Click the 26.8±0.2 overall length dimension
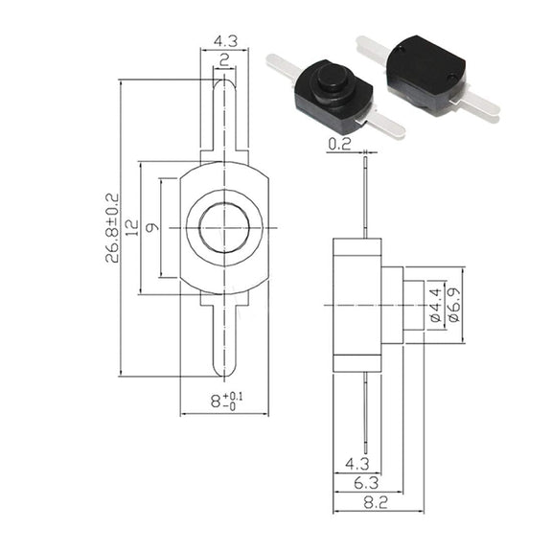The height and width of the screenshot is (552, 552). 113,228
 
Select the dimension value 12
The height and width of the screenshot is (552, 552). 132,228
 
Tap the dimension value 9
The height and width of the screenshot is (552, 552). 152,228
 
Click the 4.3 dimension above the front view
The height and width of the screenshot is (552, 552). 225,41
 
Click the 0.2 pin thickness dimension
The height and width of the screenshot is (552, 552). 339,144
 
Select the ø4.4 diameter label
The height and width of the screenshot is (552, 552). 436,305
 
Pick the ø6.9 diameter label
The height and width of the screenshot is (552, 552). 454,305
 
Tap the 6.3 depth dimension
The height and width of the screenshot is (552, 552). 366,483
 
